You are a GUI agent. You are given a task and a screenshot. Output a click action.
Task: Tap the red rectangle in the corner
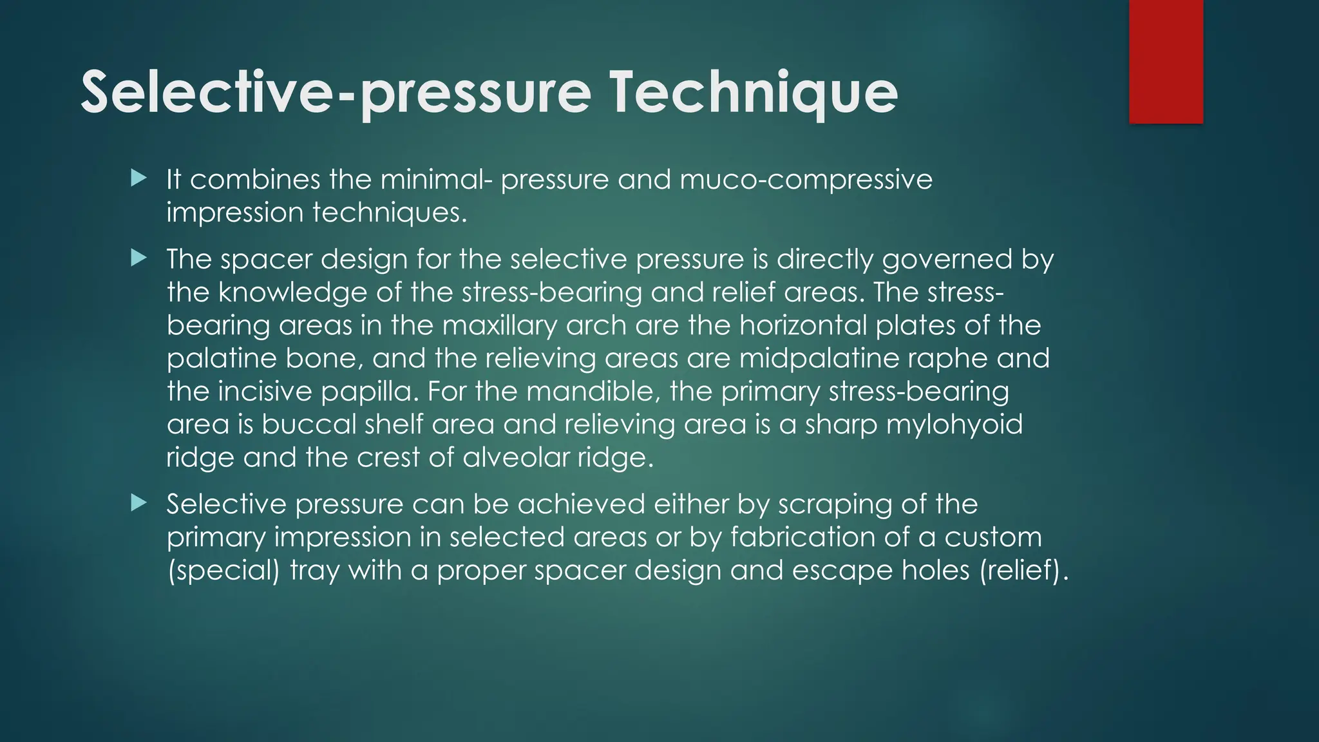point(1166,61)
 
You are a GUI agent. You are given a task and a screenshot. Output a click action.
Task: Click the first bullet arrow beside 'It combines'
point(138,178)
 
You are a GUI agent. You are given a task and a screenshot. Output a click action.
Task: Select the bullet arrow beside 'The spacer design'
point(138,258)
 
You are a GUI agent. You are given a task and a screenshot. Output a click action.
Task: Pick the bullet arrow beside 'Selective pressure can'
point(138,502)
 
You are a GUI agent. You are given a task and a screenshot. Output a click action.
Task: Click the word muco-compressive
point(806,179)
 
